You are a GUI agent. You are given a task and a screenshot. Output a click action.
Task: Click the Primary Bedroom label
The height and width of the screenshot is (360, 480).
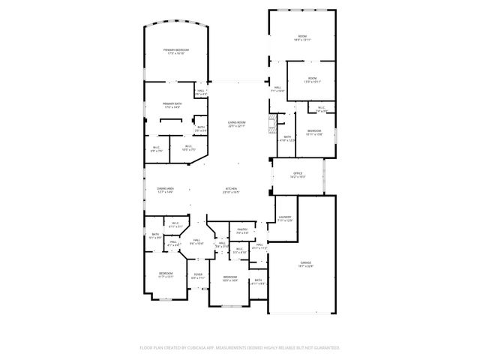176,52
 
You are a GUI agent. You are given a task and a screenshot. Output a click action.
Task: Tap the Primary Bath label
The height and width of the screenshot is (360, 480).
172,106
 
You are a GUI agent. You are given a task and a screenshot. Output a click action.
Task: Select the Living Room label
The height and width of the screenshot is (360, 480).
238,124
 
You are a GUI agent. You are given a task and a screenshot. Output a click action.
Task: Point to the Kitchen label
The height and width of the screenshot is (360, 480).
231,190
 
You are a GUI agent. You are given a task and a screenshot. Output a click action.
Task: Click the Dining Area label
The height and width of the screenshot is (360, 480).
166,190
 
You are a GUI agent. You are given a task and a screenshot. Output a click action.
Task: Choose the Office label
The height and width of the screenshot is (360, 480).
298,175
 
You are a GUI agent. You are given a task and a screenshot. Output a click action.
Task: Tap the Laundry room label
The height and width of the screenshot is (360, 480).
284,218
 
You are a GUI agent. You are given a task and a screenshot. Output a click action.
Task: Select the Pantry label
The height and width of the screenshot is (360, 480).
242,231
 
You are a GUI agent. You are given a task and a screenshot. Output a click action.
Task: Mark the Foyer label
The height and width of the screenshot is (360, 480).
198,276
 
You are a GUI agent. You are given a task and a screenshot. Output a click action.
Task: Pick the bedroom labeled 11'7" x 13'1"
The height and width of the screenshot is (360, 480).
166,274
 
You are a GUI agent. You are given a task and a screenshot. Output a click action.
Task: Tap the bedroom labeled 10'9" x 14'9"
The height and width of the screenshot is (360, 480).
229,278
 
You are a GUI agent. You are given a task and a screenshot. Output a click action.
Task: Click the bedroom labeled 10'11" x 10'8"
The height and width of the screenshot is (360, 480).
314,132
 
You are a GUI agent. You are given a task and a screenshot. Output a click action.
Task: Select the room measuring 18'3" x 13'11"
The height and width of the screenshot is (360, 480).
301,37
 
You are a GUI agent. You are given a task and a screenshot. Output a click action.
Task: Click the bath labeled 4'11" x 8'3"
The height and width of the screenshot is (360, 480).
258,282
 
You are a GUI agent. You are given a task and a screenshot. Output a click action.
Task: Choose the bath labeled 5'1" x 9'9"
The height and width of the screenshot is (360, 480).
155,236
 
